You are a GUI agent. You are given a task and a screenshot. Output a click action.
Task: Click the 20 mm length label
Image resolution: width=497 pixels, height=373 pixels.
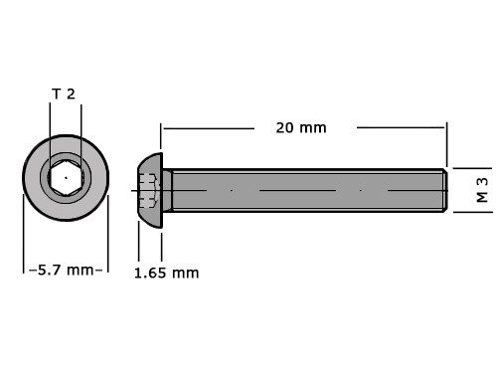pyautogui.click(x=301, y=128)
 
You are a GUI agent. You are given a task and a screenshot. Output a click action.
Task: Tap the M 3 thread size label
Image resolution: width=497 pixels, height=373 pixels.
pyautogui.click(x=482, y=190)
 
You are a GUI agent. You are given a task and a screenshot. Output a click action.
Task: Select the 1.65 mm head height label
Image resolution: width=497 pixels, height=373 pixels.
pyautogui.click(x=167, y=274)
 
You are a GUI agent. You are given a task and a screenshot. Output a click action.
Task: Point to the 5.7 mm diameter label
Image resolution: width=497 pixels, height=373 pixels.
pyautogui.click(x=66, y=270)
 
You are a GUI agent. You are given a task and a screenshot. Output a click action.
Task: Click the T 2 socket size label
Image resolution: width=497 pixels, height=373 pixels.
pyautogui.click(x=64, y=94)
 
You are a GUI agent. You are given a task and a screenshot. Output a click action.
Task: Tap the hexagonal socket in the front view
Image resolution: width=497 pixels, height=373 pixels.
pyautogui.click(x=66, y=177)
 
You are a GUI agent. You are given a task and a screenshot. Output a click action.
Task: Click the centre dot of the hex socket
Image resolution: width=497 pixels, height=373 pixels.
pyautogui.click(x=66, y=178)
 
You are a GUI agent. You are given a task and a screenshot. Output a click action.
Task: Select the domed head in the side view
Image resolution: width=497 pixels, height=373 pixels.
pyautogui.click(x=150, y=191)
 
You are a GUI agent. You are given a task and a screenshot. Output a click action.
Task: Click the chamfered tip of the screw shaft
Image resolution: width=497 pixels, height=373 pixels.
pyautogui.click(x=445, y=190)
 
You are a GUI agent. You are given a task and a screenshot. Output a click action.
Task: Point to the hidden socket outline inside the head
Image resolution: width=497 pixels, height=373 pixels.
pyautogui.click(x=148, y=191)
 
